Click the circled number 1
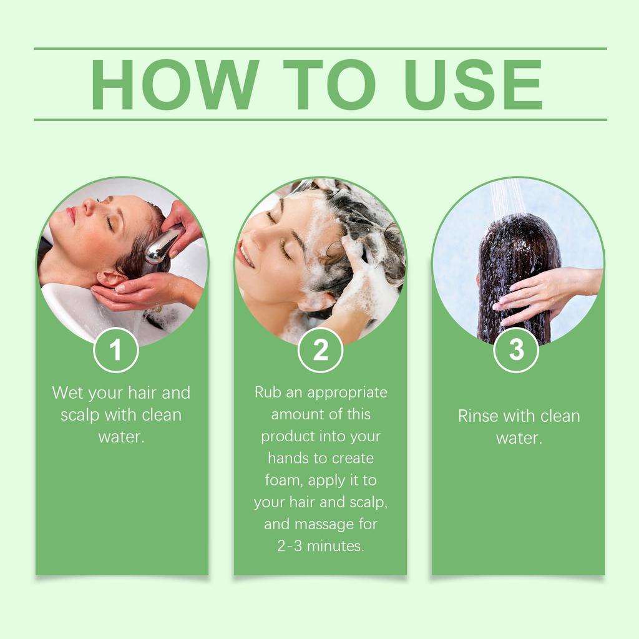click(115, 350)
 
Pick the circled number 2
click(320, 350)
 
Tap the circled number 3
click(516, 350)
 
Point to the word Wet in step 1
click(67, 393)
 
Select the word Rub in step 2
click(268, 393)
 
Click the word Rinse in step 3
click(479, 416)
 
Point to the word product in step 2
click(288, 436)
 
